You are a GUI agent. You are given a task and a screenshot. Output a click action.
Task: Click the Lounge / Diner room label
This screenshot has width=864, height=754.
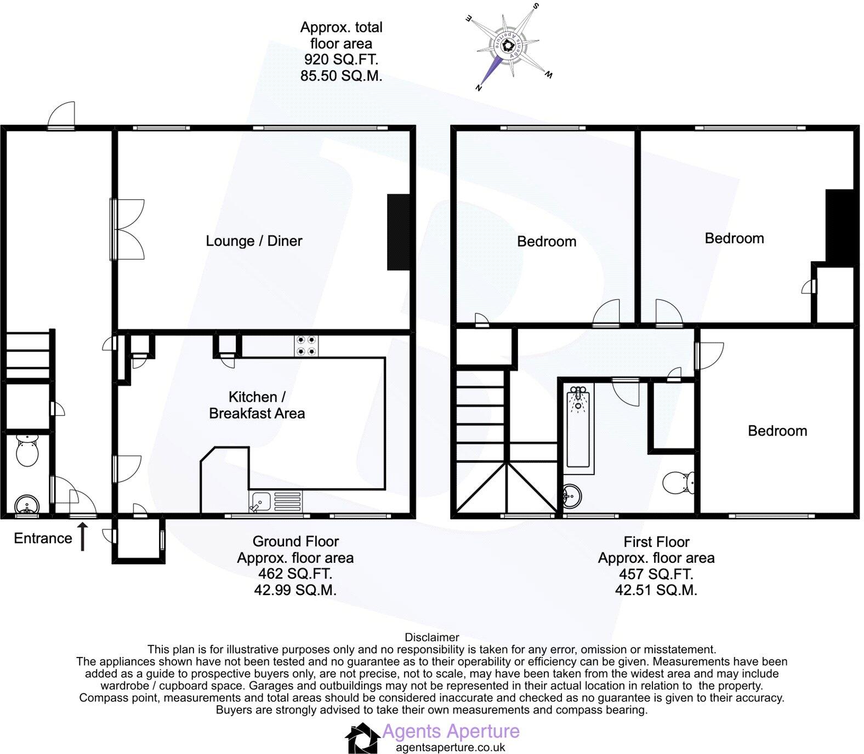(254, 241)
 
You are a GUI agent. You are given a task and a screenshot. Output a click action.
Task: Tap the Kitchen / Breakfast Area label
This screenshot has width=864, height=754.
(257, 405)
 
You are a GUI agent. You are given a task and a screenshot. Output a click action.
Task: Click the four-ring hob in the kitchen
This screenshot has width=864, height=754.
(305, 345)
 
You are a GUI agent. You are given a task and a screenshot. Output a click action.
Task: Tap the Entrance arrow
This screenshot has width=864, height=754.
(83, 536)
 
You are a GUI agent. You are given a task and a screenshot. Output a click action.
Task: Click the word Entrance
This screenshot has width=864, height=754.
(43, 539)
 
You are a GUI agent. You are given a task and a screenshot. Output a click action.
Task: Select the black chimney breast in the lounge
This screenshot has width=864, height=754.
(399, 232)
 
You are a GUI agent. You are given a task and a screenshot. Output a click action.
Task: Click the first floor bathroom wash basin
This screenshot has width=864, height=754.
(572, 496)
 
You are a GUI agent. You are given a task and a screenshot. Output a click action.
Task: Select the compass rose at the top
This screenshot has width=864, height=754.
(508, 47)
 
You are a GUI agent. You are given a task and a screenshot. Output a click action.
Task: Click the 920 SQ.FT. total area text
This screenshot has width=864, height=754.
(341, 60)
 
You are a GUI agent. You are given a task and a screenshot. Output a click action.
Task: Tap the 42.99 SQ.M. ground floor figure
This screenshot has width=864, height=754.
(295, 590)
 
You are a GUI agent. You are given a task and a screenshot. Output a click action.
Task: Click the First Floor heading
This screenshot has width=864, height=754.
(656, 542)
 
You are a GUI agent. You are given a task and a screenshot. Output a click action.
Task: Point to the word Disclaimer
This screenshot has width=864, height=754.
(431, 637)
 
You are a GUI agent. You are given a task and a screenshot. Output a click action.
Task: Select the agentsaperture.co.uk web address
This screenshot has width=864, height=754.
(450, 747)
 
